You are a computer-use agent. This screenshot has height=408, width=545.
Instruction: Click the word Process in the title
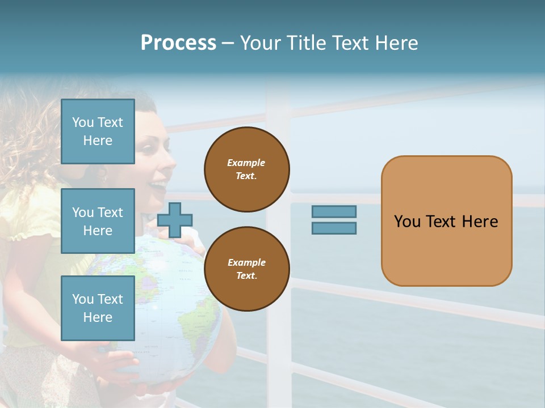point(178,43)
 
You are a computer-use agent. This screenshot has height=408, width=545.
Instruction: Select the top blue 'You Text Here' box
point(98,131)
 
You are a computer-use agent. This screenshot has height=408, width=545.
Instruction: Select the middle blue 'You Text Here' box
point(98,221)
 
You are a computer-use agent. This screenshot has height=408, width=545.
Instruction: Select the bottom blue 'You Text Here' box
point(98,308)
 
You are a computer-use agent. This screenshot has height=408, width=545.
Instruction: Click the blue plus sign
point(175,220)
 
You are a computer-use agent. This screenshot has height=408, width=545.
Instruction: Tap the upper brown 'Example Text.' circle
point(246,169)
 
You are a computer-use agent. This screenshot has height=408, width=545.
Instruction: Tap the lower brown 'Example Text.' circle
point(246,269)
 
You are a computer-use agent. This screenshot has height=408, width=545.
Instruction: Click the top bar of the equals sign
point(334,211)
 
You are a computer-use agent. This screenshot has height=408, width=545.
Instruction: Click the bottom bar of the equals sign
point(334,228)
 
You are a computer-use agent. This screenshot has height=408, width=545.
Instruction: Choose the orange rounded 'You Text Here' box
point(446,221)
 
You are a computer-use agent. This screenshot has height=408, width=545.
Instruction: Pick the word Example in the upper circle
point(246,163)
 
